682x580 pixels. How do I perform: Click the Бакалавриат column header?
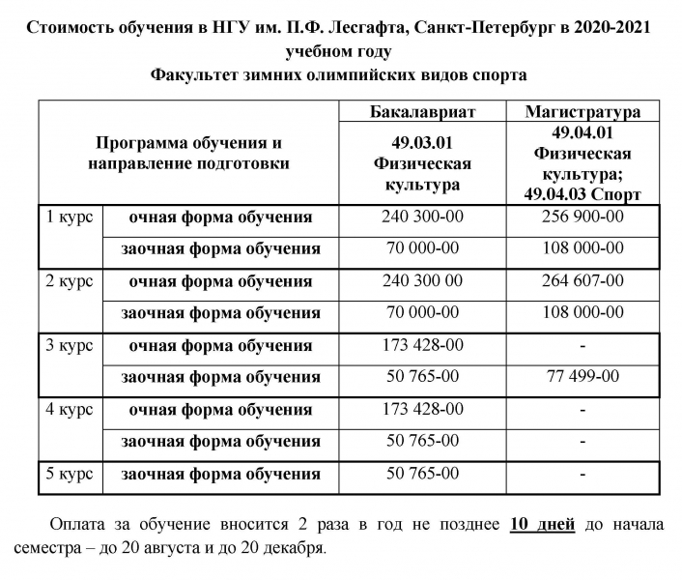(423, 111)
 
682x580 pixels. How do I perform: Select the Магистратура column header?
(583, 111)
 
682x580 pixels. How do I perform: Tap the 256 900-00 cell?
(583, 217)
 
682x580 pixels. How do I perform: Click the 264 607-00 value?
(583, 281)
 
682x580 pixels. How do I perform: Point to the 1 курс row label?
(70, 217)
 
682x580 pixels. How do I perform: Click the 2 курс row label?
(70, 281)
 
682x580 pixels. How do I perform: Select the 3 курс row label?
(70, 345)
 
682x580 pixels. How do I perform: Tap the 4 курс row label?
(70, 409)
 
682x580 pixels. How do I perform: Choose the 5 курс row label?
(70, 474)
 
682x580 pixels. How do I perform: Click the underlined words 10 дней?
(542, 525)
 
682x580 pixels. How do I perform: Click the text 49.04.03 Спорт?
(583, 194)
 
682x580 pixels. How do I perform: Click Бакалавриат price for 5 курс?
(423, 474)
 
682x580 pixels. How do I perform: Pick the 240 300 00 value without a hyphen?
(423, 281)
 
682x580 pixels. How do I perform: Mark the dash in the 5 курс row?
(583, 475)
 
